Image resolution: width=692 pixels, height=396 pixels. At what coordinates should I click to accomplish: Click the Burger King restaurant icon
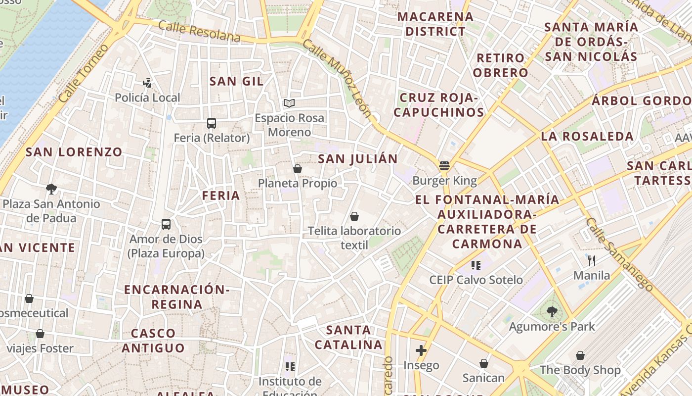444,166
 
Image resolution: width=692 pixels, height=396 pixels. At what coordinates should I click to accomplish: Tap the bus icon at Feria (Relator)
212,123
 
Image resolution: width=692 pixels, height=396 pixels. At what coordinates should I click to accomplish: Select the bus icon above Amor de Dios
166,224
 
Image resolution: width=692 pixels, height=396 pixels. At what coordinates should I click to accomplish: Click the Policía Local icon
147,83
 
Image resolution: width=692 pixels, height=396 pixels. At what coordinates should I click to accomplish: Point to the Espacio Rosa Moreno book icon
289,103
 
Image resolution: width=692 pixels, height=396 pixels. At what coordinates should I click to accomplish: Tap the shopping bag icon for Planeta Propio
298,169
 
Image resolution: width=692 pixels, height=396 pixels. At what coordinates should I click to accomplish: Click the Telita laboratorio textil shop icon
354,216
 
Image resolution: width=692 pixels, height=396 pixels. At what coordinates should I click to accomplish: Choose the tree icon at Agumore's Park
552,312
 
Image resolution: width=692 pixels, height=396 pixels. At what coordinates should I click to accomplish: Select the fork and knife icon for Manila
592,260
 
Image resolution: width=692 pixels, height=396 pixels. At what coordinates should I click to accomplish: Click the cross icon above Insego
421,350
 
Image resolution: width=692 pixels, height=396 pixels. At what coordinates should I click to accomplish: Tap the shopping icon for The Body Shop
580,355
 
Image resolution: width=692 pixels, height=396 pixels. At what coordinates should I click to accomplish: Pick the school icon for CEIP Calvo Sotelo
476,265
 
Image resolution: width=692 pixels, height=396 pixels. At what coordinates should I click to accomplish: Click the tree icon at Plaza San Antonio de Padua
51,189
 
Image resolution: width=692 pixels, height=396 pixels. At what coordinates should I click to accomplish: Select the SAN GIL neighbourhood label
236,81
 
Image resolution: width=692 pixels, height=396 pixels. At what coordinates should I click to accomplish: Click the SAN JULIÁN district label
357,159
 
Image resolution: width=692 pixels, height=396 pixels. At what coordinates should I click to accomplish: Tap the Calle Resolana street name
200,32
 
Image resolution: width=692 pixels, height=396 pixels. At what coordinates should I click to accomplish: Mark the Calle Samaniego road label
619,253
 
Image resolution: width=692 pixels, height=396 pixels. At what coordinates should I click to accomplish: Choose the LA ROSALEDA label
587,136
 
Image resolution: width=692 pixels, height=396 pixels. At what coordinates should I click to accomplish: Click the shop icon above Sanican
484,363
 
